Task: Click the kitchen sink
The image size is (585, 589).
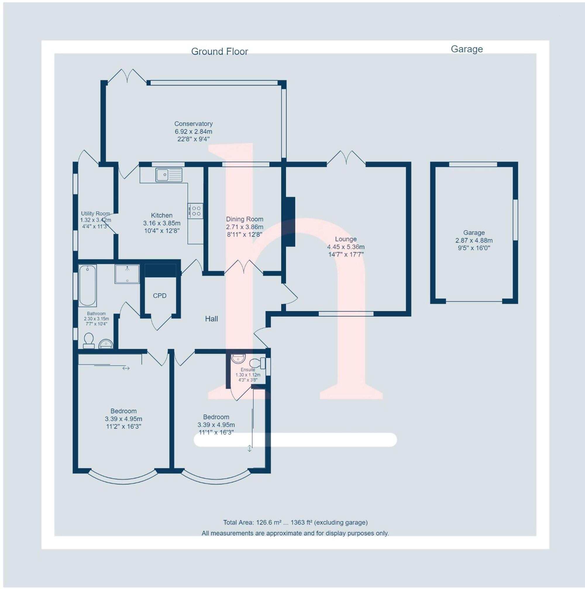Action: coord(169,175)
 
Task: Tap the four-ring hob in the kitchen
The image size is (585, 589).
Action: coord(195,211)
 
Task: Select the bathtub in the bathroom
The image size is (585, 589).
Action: coord(87,285)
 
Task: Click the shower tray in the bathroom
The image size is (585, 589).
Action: coord(127,274)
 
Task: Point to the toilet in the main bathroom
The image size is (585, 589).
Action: coord(89,340)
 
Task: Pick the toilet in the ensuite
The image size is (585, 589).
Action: coord(257,363)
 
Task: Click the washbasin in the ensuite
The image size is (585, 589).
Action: coord(238,358)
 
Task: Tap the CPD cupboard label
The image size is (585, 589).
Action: coord(160,296)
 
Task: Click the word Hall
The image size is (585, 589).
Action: coord(211,319)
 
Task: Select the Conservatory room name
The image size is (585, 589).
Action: coord(193,124)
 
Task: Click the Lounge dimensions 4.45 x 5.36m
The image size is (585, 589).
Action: coord(346,247)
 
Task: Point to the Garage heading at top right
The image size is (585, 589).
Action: coord(467,49)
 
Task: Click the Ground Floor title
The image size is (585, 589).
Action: coord(220,52)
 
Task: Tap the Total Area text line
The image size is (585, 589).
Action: coord(295,523)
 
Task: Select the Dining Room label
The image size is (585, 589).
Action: coord(245,219)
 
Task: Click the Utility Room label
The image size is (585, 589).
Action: coord(95,214)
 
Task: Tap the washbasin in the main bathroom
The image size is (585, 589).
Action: coord(106,344)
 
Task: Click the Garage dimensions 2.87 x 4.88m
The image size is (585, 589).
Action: coord(474,240)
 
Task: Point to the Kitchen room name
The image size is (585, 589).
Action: coord(162,215)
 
